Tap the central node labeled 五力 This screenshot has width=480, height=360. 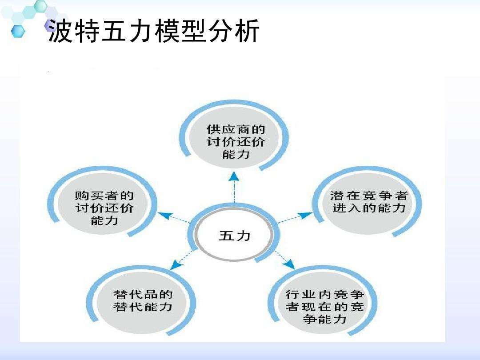pyautogui.click(x=234, y=236)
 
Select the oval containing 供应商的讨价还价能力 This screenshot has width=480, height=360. pyautogui.click(x=235, y=142)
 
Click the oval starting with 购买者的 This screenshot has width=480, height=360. pyautogui.click(x=104, y=208)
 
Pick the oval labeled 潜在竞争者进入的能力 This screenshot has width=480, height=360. pyautogui.click(x=368, y=202)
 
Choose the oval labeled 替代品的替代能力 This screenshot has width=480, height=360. pyautogui.click(x=143, y=301)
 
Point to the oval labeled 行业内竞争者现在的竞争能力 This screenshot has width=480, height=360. pyautogui.click(x=324, y=307)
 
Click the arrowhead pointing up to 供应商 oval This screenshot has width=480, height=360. pyautogui.click(x=234, y=177)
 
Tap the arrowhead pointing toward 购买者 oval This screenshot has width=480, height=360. pyautogui.click(x=164, y=216)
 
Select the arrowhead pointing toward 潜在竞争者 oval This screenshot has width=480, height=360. pyautogui.click(x=306, y=215)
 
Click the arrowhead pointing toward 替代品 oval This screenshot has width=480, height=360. pyautogui.click(x=177, y=265)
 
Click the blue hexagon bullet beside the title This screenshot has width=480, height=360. pyautogui.click(x=17, y=31)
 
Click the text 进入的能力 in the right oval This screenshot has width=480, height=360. pyautogui.click(x=368, y=208)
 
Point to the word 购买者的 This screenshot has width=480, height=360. pyautogui.click(x=104, y=196)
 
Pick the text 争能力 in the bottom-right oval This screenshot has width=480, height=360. pyautogui.click(x=324, y=319)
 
